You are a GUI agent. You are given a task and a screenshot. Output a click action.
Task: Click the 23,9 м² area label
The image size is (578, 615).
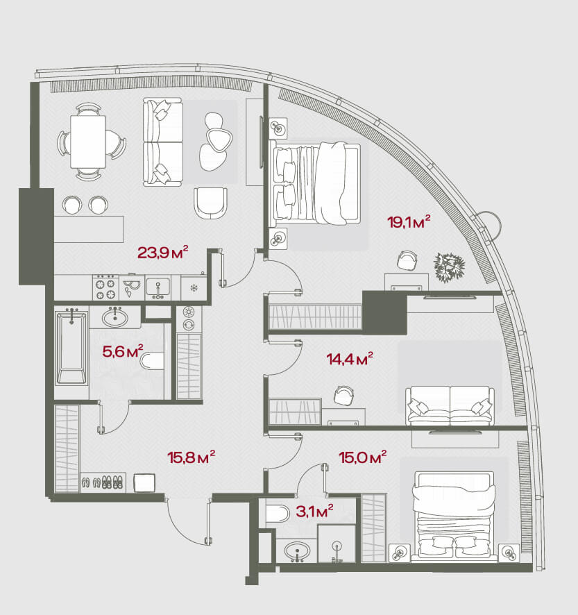click(x=163, y=252)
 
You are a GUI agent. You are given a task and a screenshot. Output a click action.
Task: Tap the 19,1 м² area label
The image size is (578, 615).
click(x=409, y=222)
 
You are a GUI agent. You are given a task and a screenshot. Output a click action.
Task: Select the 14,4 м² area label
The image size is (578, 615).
click(x=350, y=358)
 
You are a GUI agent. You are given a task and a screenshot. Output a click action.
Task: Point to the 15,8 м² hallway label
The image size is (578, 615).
click(x=191, y=457)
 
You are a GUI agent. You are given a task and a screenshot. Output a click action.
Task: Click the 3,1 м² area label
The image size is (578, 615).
click(x=314, y=512)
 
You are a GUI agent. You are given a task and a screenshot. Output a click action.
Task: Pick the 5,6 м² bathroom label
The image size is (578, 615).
click(x=123, y=351)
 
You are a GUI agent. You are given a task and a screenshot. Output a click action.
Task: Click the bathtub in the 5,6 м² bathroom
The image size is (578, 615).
click(x=71, y=347)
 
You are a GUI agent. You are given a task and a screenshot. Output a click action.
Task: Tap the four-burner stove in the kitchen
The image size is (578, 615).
click(x=105, y=287)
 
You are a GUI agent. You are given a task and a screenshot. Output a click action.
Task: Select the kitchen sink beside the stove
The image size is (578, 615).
click(x=158, y=288)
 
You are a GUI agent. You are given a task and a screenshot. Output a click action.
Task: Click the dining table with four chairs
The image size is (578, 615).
click(x=89, y=142)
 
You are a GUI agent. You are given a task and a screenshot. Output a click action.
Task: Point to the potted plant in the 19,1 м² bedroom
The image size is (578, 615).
click(x=450, y=267)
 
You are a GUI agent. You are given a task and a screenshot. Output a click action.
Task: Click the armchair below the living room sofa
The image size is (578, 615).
click(x=210, y=204)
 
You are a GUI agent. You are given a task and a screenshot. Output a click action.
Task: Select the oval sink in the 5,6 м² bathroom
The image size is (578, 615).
click(x=115, y=317)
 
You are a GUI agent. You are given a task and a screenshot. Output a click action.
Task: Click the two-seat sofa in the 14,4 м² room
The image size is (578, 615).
click(x=450, y=405)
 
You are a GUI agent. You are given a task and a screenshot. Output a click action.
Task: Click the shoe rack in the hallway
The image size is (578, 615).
click(x=103, y=482)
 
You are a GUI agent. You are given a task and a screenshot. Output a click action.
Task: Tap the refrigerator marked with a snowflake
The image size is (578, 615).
click(x=194, y=287)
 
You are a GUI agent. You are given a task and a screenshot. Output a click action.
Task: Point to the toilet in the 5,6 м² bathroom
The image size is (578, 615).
click(x=152, y=361)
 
